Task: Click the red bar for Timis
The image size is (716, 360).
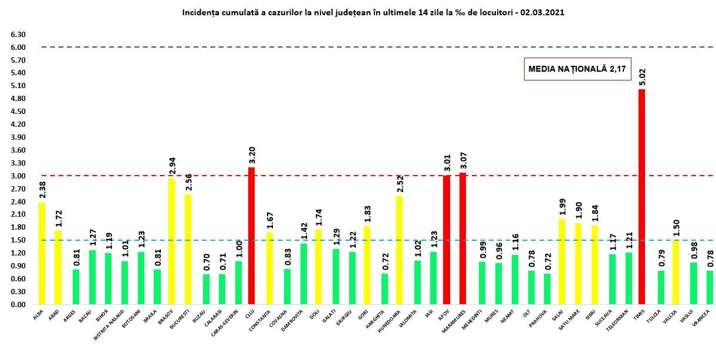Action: [641, 197]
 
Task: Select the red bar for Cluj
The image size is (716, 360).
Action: [252, 235]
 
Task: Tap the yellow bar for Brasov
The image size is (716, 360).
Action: [171, 241]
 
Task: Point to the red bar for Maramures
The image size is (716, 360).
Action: [463, 238]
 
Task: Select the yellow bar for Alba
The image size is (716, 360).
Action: [42, 253]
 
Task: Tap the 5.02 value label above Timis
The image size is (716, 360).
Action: [642, 76]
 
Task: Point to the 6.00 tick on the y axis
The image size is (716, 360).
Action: [18, 48]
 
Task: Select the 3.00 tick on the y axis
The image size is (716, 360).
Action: [18, 176]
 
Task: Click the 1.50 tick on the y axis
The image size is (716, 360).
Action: [18, 240]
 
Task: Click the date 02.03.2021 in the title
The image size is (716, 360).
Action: [539, 12]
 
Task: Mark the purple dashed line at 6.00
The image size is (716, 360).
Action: [352, 47]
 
